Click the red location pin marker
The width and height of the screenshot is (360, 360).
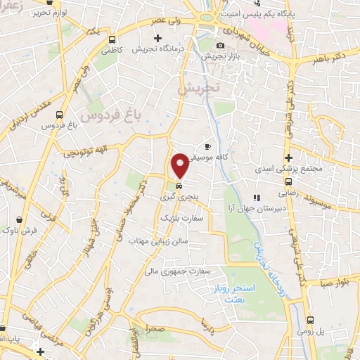coord(180,165)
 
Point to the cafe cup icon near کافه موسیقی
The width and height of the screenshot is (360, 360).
coord(207,146)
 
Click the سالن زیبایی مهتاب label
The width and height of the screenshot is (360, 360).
coord(155,240)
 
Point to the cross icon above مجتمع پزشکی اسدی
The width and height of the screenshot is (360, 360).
coord(288,157)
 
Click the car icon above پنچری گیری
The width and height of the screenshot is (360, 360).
coord(179,186)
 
